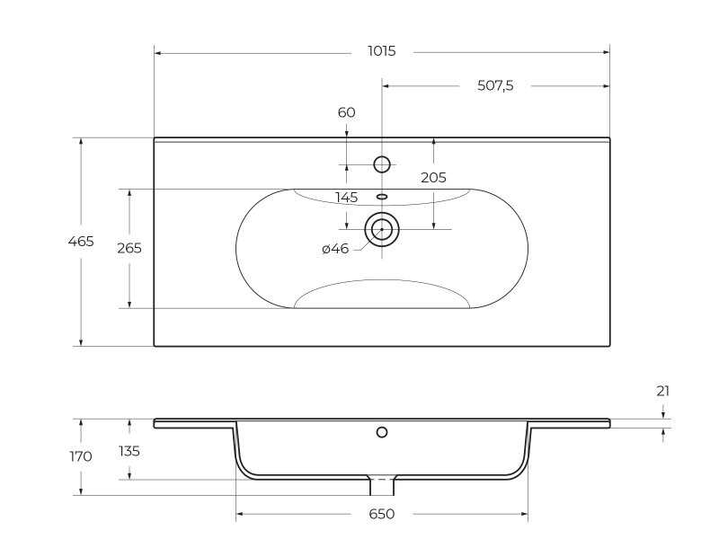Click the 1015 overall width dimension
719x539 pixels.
[381, 51]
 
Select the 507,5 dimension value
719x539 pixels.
[495, 85]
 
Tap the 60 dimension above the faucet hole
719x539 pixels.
[346, 112]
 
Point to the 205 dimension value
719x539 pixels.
[433, 177]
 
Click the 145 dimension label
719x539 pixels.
[346, 198]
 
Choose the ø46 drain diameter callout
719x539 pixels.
[335, 249]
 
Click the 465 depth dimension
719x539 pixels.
[81, 241]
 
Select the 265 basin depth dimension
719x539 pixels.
[129, 248]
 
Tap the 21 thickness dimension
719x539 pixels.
[663, 391]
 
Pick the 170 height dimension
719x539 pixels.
[81, 456]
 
